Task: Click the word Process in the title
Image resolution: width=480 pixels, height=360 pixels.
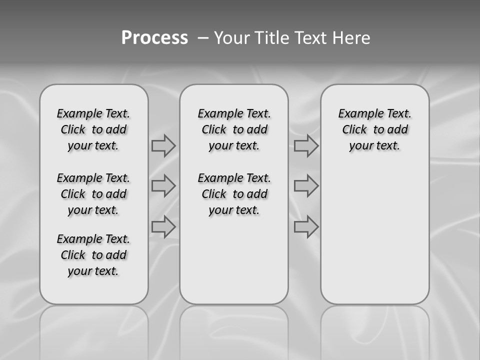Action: tap(154, 38)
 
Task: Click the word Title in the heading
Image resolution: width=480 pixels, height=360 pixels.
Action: tap(272, 38)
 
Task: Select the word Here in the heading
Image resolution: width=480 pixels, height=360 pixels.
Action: tap(351, 38)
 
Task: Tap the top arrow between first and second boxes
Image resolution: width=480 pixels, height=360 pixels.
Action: tap(163, 145)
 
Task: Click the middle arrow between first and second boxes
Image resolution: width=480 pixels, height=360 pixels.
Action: tap(163, 186)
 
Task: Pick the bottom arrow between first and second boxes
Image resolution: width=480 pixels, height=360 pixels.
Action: tap(163, 226)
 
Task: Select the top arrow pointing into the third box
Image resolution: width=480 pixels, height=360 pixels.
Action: tap(306, 145)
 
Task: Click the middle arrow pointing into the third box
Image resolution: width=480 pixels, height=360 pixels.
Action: tap(306, 186)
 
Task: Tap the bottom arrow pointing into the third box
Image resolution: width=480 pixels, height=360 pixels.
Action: tap(306, 226)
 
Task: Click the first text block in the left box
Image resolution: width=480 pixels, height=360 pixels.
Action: tap(93, 129)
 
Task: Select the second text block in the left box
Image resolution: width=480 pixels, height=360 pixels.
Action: tap(93, 194)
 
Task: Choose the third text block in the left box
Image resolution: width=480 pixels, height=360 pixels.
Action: tap(93, 255)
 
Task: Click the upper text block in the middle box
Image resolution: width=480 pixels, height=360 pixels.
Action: tap(234, 129)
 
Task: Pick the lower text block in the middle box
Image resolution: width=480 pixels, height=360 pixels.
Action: tap(234, 194)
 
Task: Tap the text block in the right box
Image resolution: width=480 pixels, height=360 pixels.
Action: tap(374, 129)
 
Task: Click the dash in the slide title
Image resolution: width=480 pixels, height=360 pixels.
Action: tap(203, 38)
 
